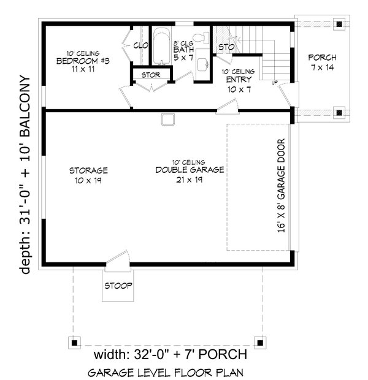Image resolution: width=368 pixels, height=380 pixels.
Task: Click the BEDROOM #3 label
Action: tap(83, 61)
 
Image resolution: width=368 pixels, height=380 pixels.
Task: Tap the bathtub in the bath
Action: tap(162, 47)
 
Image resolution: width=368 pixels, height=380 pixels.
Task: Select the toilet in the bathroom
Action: tap(202, 37)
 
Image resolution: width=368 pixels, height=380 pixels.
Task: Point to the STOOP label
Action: tap(118, 286)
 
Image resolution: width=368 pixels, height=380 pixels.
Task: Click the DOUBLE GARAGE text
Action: tap(190, 170)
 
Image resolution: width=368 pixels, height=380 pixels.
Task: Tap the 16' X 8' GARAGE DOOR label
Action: tap(281, 186)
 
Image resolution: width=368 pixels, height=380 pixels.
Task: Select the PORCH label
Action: tap(322, 58)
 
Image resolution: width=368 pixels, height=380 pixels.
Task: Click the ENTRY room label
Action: tap(239, 80)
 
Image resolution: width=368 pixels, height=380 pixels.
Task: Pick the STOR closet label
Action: tap(151, 75)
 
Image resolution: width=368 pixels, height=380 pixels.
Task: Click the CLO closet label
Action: tap(140, 45)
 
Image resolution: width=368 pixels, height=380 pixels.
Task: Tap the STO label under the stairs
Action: tap(226, 47)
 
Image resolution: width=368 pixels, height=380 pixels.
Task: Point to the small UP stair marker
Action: tap(275, 83)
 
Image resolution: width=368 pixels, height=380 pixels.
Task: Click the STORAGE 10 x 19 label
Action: tap(88, 175)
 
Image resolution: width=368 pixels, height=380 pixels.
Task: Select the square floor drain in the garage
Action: tap(167, 120)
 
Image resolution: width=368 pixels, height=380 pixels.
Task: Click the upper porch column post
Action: tap(339, 25)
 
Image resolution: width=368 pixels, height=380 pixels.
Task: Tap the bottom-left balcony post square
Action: tap(74, 343)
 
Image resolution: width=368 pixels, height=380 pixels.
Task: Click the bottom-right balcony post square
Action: tap(260, 343)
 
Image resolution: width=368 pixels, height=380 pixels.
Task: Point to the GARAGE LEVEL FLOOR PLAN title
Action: tap(166, 373)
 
